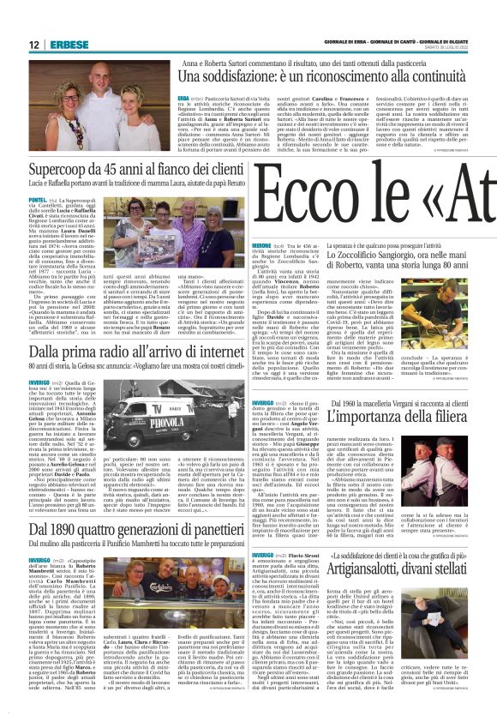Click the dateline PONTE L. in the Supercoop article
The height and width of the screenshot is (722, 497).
(x=39, y=199)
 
